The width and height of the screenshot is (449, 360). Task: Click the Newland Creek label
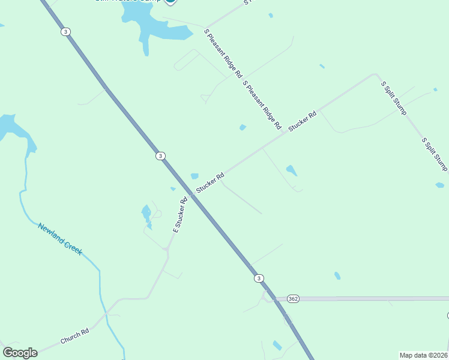[x=60, y=239]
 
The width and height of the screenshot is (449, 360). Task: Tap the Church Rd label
[x=74, y=336]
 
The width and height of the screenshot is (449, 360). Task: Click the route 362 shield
[x=293, y=299]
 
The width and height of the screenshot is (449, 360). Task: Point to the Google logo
[x=20, y=353]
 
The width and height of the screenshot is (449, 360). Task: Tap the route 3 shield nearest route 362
[x=258, y=278]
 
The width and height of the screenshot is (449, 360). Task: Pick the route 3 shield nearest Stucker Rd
[x=160, y=156]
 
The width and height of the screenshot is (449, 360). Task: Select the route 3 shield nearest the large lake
[x=65, y=32]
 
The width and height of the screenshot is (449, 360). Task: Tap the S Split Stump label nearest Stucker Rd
[x=394, y=98]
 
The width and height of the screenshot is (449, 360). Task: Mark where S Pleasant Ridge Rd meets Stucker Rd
[x=283, y=134]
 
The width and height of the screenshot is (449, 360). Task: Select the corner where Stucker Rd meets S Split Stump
[x=377, y=74]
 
